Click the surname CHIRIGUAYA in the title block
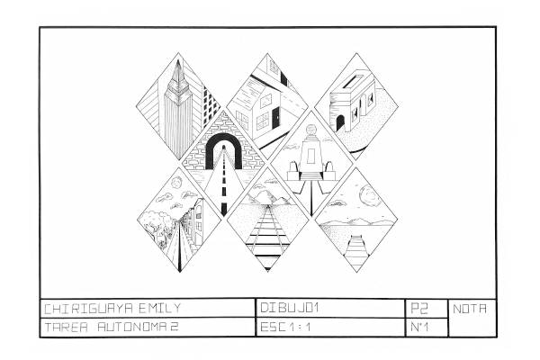(89, 309)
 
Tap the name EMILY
(160, 309)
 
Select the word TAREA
(67, 327)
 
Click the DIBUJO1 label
(289, 308)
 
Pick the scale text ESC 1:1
(285, 327)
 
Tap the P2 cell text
(419, 309)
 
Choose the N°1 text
(419, 327)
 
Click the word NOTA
(470, 309)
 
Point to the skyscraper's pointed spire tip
(178, 60)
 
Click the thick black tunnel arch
(223, 147)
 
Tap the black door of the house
(276, 116)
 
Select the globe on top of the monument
(311, 130)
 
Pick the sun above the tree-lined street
(178, 181)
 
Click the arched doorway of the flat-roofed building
(340, 123)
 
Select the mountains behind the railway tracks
(267, 198)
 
